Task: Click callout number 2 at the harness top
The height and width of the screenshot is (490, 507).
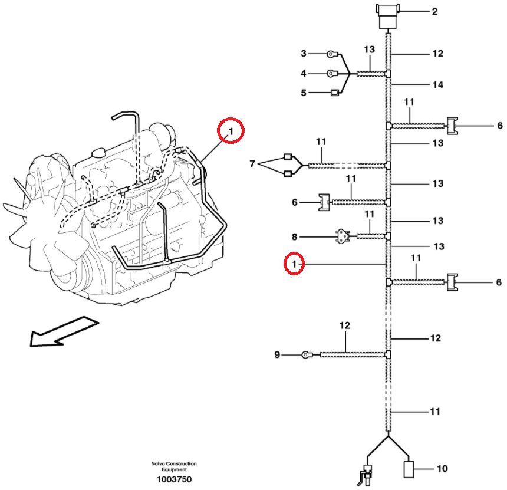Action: pos(434,11)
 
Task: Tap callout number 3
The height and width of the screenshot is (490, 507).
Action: pos(304,54)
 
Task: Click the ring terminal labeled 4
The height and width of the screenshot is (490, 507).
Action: pos(332,74)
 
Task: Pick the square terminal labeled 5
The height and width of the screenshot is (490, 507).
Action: pos(335,93)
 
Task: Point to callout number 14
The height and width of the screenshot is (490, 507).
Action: pos(437,85)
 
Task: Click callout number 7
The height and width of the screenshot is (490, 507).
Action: pos(252,163)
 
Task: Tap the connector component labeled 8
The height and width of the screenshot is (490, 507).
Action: pos(341,236)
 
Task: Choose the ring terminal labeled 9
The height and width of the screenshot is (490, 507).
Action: pos(306,354)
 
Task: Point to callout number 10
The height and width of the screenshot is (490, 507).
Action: pos(442,469)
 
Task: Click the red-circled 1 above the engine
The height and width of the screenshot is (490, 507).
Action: pos(231,131)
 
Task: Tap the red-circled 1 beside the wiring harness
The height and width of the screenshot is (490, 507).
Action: pos(294,264)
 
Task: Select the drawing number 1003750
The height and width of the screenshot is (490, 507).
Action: pos(174,479)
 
